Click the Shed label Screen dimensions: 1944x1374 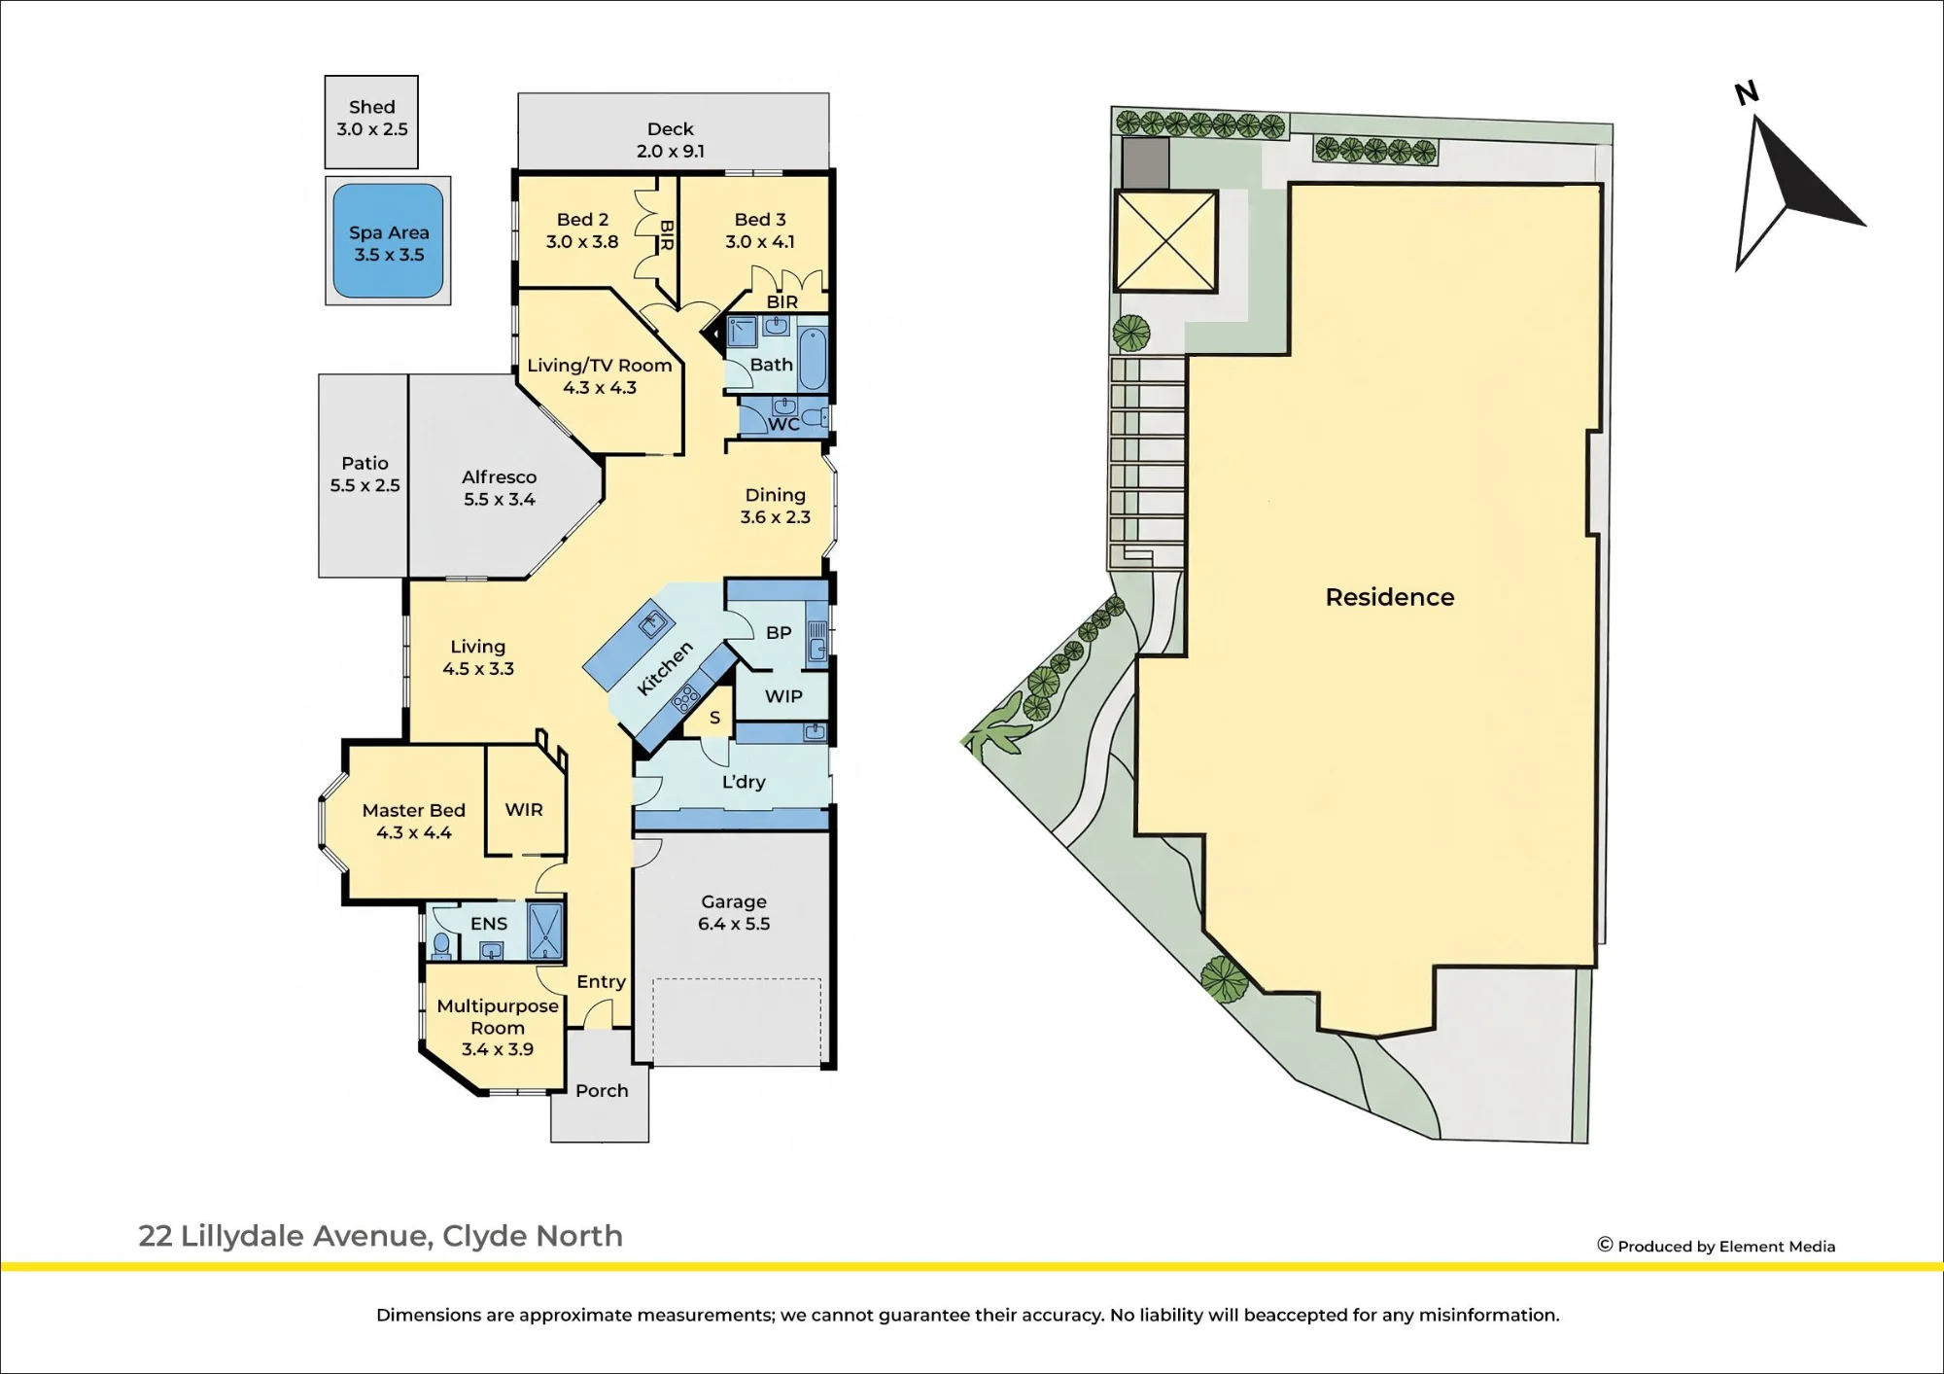(372, 107)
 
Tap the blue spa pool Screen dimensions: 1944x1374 (388, 241)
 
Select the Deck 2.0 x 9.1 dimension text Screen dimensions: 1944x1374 (671, 152)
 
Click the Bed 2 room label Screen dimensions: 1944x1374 (582, 220)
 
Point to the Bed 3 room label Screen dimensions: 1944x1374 (760, 220)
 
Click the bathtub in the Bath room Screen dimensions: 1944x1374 (813, 358)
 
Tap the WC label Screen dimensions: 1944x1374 (784, 424)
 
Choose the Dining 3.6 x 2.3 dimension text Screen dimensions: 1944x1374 (776, 517)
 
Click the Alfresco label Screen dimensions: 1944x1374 (500, 477)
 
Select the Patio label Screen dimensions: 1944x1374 (364, 464)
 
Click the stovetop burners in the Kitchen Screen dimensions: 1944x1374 (686, 696)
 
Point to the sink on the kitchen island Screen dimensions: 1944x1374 (653, 622)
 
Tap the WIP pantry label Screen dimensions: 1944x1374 (783, 696)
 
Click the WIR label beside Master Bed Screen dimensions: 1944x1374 (524, 810)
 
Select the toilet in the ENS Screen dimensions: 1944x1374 (441, 944)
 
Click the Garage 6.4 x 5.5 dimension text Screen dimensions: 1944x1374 (734, 924)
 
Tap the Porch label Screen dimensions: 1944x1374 (602, 1091)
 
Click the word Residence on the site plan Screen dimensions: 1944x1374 (1390, 597)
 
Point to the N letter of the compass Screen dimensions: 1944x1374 (1747, 93)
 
